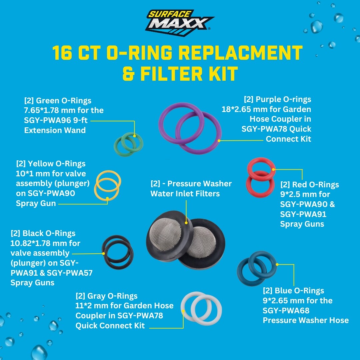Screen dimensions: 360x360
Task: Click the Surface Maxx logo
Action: pyautogui.click(x=180, y=21)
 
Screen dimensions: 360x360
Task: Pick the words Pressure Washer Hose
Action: pyautogui.click(x=306, y=320)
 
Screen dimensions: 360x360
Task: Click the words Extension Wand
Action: pyautogui.click(x=55, y=130)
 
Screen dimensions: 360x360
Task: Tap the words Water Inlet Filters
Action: pyautogui.click(x=185, y=193)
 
